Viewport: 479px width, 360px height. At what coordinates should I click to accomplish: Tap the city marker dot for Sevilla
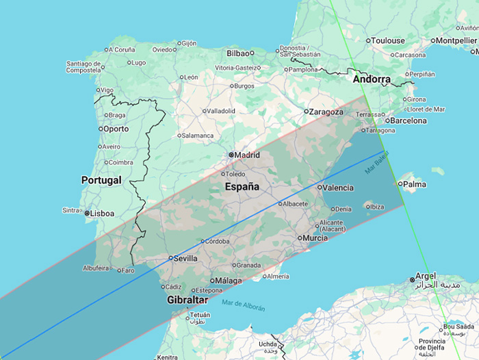170,258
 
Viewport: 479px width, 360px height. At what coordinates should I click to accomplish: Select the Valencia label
339,188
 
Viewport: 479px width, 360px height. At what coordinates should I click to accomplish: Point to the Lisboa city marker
88,213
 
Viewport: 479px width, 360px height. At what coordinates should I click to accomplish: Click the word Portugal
101,180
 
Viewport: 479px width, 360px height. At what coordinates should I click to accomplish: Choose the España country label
243,186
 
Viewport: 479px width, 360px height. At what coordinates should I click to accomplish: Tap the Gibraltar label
187,300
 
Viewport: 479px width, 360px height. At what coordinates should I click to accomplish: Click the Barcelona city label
409,120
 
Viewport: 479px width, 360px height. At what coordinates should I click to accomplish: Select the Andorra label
372,79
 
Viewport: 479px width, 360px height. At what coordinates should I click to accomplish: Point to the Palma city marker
400,183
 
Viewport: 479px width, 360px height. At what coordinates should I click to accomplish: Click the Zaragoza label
327,112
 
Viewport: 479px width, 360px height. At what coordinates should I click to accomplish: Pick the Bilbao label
238,53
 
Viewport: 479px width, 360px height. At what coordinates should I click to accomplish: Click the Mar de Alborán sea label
243,305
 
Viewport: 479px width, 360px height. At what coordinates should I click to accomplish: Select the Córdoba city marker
203,241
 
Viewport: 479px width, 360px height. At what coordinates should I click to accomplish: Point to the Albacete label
295,204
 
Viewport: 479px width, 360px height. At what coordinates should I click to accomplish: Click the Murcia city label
315,237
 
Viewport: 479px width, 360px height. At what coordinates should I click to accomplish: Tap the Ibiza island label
376,206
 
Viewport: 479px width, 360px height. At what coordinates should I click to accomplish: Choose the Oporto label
116,128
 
